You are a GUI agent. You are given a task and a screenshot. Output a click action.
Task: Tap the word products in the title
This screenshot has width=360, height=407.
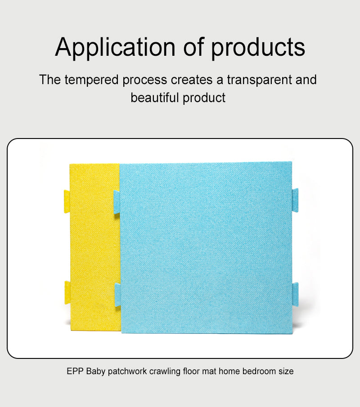(258, 47)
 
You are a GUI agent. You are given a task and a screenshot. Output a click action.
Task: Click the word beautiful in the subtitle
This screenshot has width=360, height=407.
(155, 98)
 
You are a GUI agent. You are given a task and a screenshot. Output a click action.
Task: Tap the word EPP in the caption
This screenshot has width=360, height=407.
(75, 372)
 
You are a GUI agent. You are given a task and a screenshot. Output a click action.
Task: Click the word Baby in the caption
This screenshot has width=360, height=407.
(95, 372)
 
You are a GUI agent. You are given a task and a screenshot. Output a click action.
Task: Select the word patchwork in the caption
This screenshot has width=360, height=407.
(127, 372)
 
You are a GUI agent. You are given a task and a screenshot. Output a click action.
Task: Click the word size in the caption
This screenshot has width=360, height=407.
(285, 372)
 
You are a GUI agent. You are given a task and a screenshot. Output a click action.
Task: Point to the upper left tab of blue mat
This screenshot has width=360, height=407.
(117, 201)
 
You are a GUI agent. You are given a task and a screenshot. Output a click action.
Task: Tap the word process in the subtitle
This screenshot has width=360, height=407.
(145, 80)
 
